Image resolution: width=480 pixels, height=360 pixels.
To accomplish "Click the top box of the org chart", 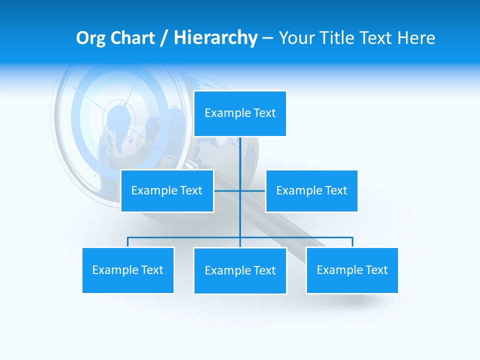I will coord(240,113).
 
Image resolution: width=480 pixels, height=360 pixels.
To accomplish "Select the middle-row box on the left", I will coord(167,190).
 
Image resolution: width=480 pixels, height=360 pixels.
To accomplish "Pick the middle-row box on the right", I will coord(311,190).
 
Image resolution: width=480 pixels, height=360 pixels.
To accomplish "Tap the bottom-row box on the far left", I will coord(128,270).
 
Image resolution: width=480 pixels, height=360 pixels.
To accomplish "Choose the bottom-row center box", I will coord(240,270).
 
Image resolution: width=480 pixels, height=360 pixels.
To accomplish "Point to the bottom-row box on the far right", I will coord(352,270).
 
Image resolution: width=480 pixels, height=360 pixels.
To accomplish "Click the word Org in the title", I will coord(90,38).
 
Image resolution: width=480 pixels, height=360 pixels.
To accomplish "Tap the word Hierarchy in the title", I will coord(215,38).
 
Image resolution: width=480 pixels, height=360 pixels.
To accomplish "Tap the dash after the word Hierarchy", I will coord(267,38).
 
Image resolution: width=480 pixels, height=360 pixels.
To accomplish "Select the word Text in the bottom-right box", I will coord(376,270).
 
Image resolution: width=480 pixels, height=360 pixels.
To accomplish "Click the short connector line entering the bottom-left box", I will coord(128,242).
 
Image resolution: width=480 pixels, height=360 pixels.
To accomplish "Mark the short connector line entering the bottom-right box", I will coord(352,242).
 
